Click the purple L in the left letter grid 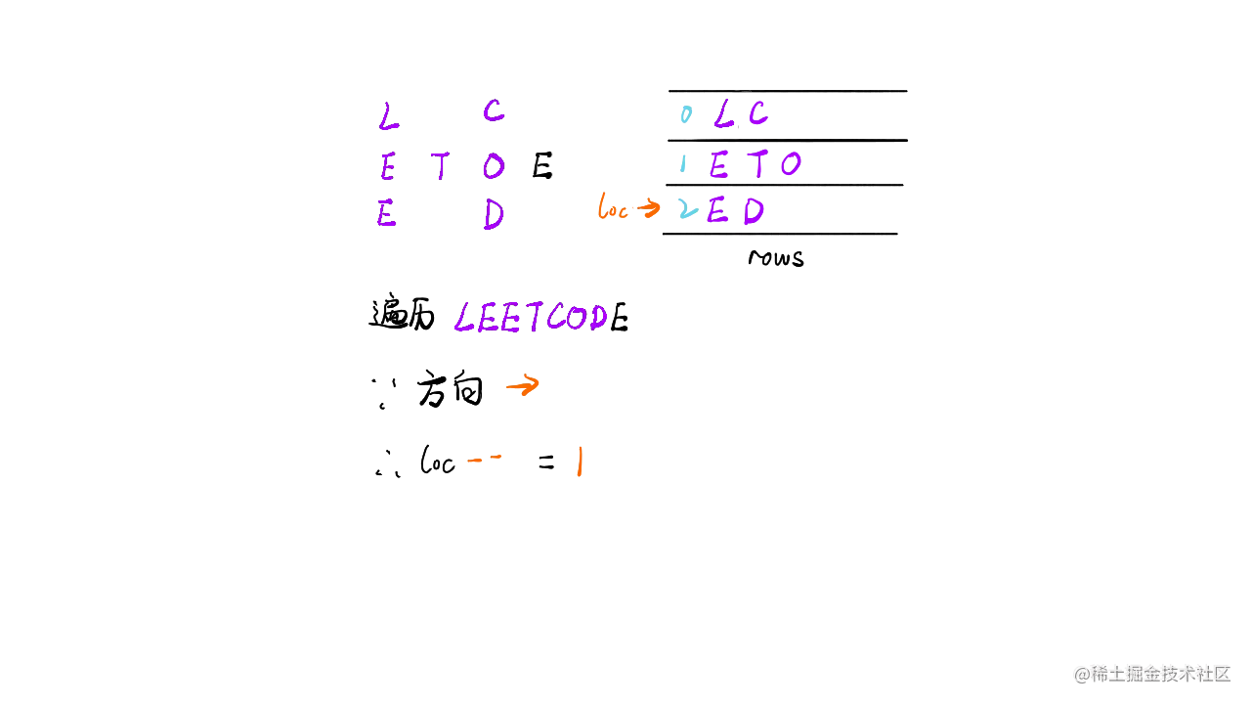point(388,120)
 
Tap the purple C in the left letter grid point(494,112)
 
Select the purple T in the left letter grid point(442,167)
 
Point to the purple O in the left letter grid point(494,167)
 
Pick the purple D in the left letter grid point(494,215)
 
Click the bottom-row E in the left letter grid point(387,214)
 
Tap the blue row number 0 point(687,114)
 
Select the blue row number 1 point(684,160)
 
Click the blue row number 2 point(688,208)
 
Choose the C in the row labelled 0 point(757,114)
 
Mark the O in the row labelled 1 point(790,164)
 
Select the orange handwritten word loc point(612,208)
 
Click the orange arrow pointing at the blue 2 point(648,208)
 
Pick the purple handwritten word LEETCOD point(532,318)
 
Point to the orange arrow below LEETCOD point(521,387)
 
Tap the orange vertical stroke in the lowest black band point(580,462)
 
